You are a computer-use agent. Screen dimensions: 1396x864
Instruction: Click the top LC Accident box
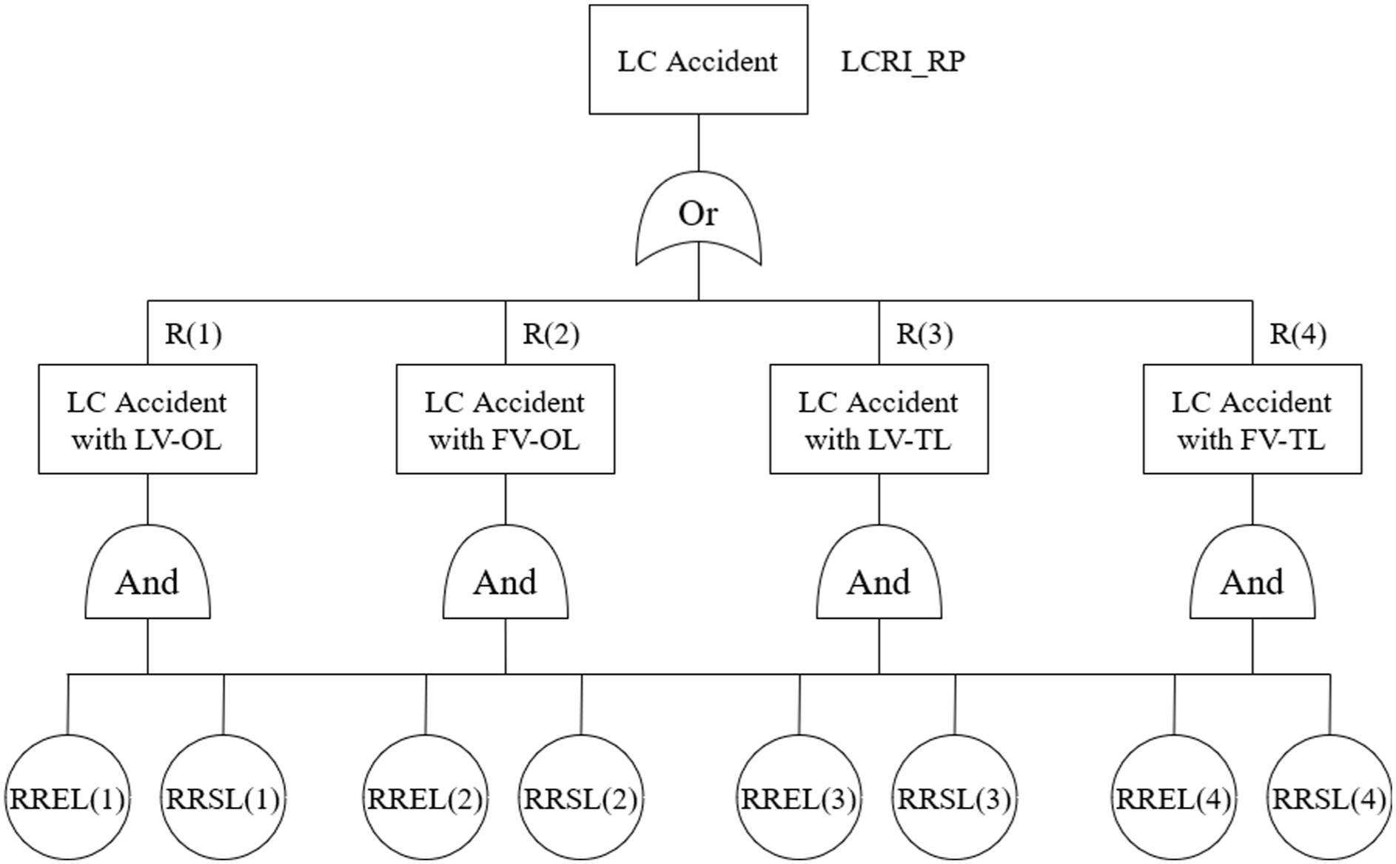(698, 60)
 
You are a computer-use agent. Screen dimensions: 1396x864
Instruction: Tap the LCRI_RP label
(902, 61)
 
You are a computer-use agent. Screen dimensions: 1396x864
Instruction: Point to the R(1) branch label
(193, 334)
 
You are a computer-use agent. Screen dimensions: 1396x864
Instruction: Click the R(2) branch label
(551, 334)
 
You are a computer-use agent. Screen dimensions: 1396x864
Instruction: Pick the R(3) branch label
(924, 334)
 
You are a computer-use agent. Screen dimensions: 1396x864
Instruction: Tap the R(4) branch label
(1298, 334)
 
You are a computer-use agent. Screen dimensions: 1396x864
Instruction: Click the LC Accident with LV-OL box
(147, 419)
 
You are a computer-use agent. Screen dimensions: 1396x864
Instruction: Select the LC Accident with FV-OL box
(506, 419)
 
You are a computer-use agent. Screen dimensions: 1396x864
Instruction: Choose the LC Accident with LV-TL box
(879, 419)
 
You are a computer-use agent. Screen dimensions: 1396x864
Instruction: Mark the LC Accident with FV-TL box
(1252, 419)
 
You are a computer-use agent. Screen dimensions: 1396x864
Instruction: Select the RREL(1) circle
(67, 797)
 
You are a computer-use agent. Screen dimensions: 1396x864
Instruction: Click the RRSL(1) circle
(223, 797)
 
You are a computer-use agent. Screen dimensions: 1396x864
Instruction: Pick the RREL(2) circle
(425, 797)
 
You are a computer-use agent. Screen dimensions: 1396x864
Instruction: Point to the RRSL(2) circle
(580, 797)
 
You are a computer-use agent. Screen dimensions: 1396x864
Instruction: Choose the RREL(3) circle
(799, 797)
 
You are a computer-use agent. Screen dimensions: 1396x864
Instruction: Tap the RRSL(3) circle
(954, 797)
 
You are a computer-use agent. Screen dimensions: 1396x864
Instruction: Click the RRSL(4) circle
(1329, 797)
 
